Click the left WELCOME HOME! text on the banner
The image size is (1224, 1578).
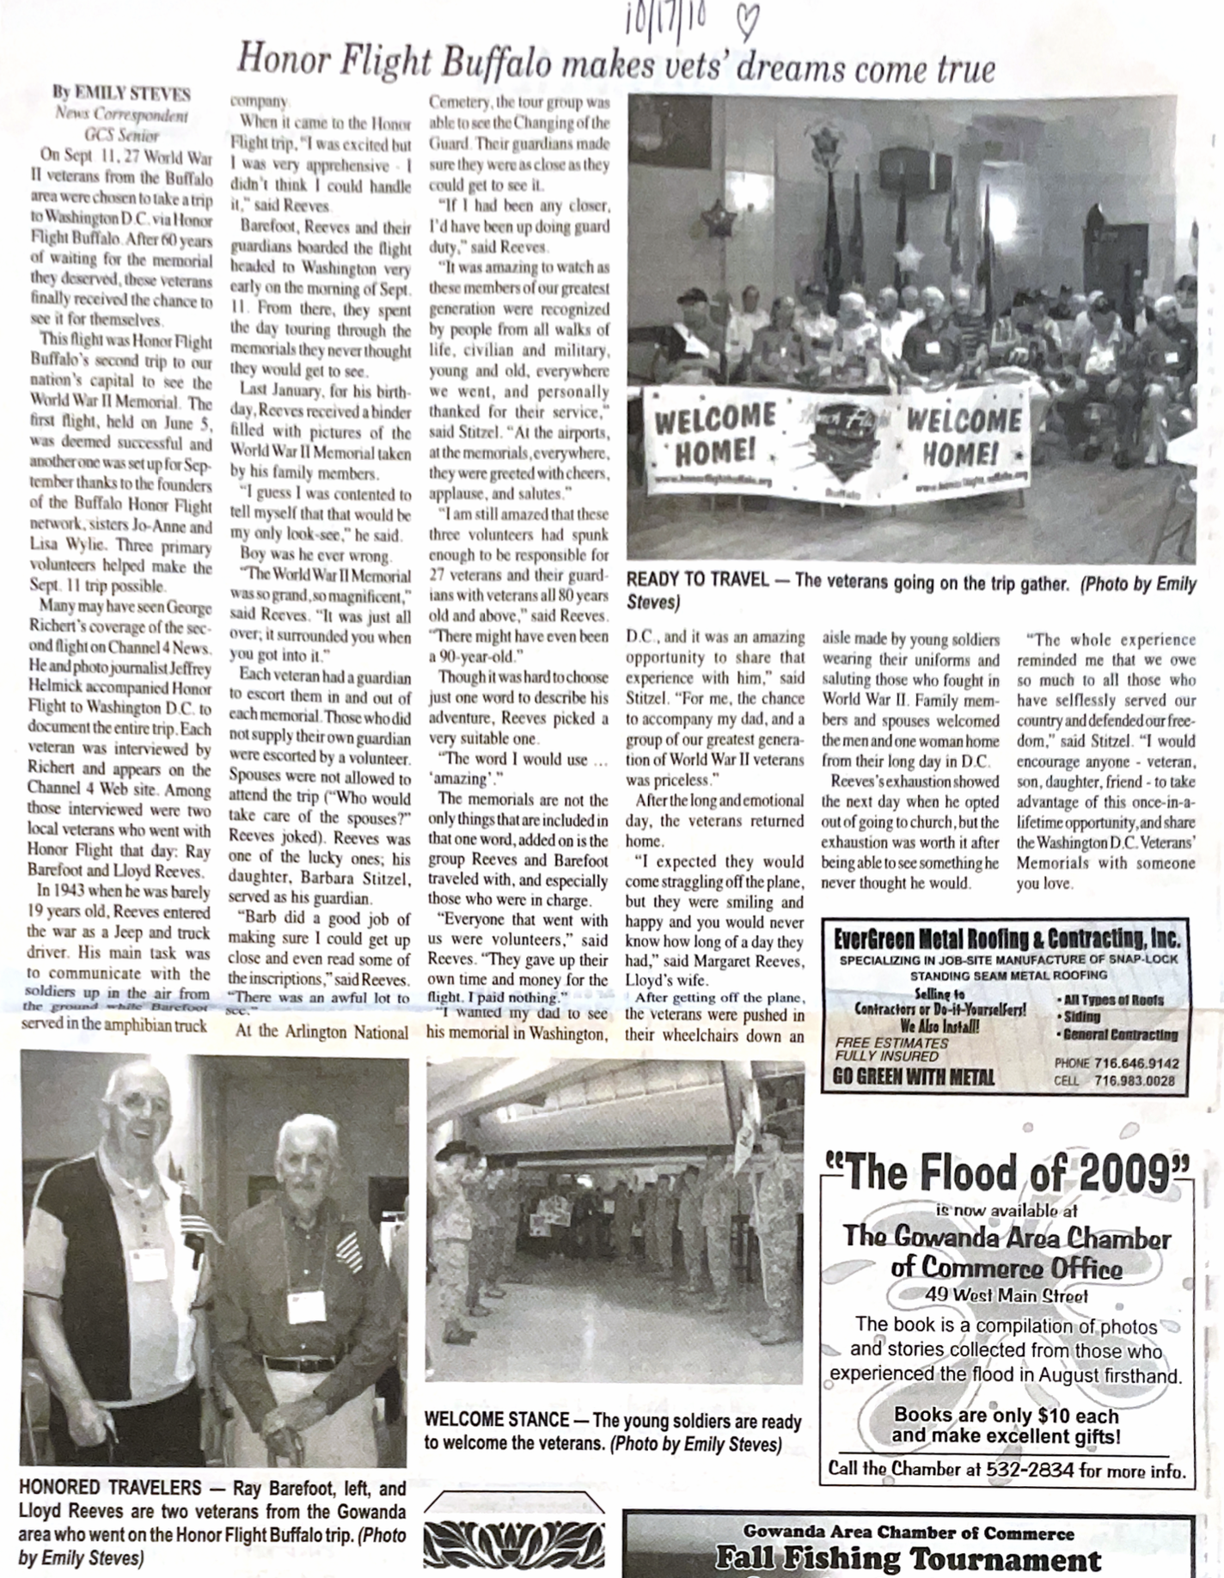[x=715, y=435]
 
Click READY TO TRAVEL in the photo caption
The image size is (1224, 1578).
[x=698, y=581]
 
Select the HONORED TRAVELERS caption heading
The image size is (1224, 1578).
[x=110, y=1488]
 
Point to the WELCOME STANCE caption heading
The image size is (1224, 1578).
[x=497, y=1421]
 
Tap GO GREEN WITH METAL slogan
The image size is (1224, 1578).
[x=914, y=1078]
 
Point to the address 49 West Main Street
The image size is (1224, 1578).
[x=1007, y=1295]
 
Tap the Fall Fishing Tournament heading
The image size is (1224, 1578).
[x=908, y=1559]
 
